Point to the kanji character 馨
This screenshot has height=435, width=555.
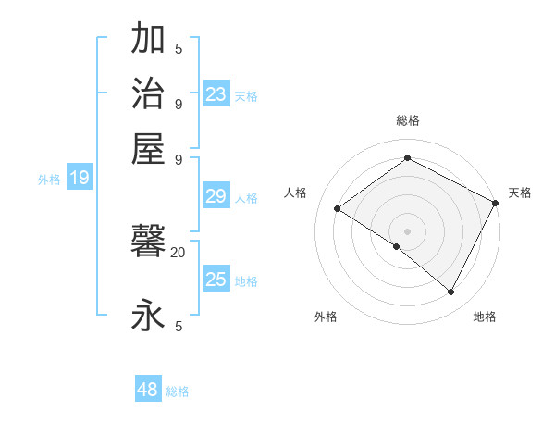click(149, 244)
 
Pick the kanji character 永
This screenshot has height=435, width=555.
click(149, 316)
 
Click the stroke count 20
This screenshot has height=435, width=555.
click(179, 251)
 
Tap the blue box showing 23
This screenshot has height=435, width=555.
click(216, 93)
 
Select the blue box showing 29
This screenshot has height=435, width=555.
click(216, 196)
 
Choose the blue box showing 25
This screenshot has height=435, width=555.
click(216, 280)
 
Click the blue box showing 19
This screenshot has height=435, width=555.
click(80, 179)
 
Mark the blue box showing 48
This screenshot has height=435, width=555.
click(148, 390)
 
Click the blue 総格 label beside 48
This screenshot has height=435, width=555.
click(178, 391)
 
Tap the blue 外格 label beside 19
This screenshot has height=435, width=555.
click(49, 180)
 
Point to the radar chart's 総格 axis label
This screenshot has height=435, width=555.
click(407, 120)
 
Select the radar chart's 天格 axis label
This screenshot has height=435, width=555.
click(520, 193)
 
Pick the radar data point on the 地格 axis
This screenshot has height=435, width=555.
click(451, 292)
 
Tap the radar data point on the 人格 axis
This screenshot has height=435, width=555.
click(338, 208)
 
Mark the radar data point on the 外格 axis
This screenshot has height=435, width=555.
click(397, 246)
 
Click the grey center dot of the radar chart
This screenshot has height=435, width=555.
click(407, 230)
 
